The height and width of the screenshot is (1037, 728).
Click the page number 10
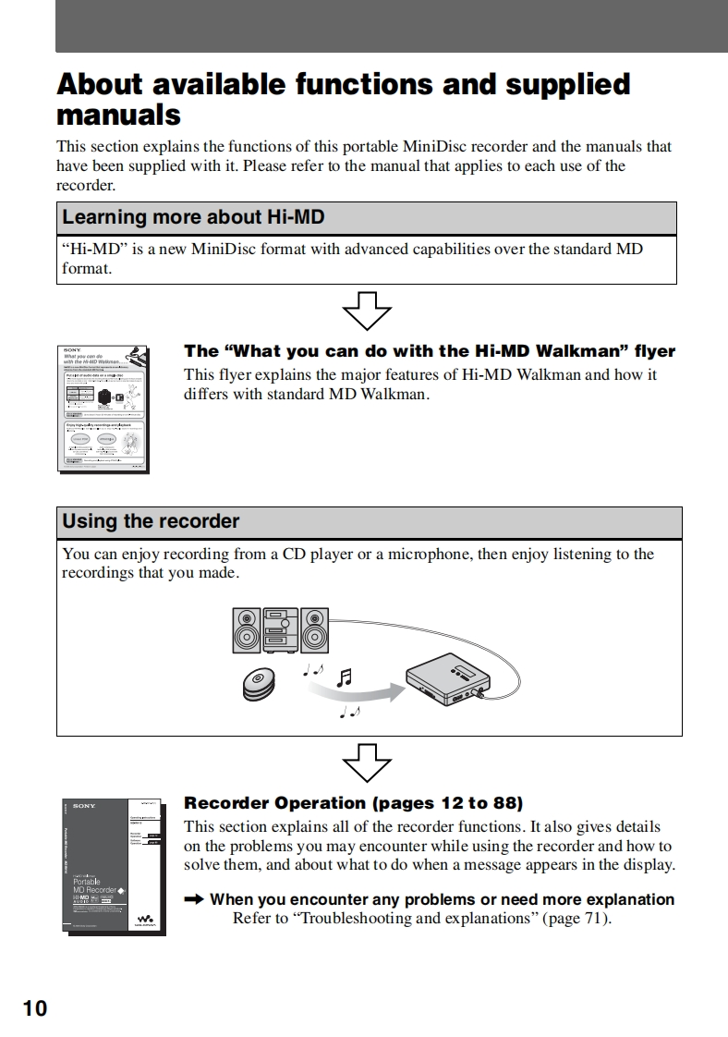[34, 1006]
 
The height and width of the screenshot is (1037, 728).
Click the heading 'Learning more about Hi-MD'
[192, 218]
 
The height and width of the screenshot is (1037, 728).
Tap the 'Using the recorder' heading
[151, 521]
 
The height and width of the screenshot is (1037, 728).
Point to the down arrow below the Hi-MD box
[367, 311]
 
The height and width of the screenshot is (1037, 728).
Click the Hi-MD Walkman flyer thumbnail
[104, 408]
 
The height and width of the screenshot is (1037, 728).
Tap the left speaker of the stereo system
[247, 630]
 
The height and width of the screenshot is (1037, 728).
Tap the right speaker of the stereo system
[314, 630]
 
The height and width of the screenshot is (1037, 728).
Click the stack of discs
[260, 683]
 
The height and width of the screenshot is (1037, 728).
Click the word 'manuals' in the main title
[118, 116]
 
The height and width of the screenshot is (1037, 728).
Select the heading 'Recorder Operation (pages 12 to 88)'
[353, 803]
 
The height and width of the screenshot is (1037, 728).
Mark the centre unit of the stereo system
[281, 630]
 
